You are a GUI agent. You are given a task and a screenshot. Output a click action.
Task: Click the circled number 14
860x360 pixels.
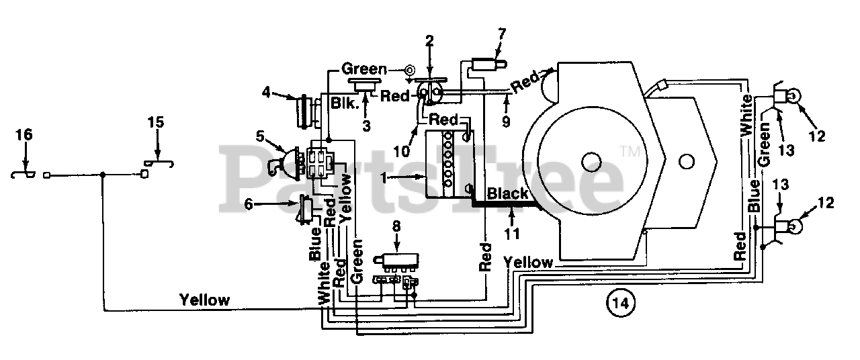click(620, 303)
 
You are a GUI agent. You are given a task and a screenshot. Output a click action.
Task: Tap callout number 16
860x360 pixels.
click(24, 135)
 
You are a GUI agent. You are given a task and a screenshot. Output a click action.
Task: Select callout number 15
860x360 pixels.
click(156, 122)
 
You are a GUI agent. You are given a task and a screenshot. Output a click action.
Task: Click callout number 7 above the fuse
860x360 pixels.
click(501, 34)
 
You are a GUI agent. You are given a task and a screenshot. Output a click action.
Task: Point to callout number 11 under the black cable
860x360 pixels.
click(512, 233)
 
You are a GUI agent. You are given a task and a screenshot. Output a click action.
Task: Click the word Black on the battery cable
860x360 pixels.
click(507, 193)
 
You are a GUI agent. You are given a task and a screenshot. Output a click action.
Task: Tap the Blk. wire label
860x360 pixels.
click(345, 103)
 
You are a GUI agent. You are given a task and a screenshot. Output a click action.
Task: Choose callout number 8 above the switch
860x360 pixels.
click(396, 226)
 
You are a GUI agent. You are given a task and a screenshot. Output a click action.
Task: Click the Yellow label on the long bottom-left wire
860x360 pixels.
click(205, 300)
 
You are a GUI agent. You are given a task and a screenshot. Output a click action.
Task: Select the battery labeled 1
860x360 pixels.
click(450, 165)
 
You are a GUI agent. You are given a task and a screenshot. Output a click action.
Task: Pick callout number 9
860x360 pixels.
click(506, 122)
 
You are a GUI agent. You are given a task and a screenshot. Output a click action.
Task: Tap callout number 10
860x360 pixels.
click(402, 151)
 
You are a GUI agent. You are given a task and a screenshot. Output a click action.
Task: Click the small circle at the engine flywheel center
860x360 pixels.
click(591, 162)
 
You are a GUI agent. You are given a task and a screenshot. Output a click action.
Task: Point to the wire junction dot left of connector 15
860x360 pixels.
click(103, 175)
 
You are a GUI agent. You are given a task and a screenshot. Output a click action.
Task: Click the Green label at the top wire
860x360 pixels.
click(364, 69)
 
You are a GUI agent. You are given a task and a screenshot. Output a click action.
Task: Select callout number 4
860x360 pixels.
click(267, 92)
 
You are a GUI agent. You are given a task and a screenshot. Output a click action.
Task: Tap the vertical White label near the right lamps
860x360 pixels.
click(746, 115)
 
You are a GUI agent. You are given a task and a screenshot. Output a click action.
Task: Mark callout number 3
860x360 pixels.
click(367, 126)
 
